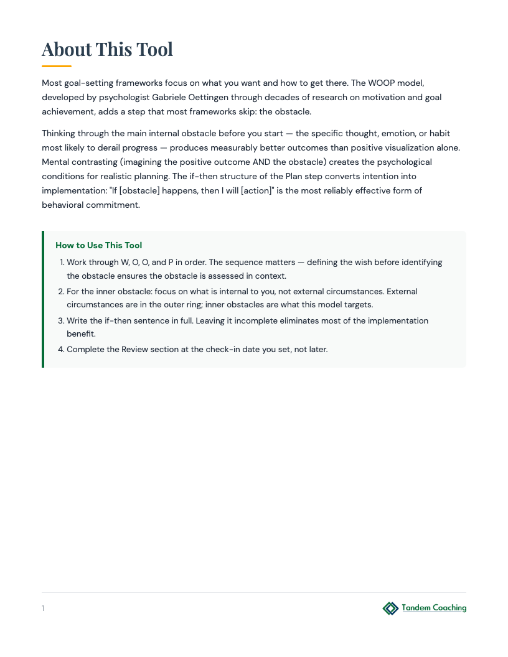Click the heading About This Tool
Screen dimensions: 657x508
[x=107, y=49]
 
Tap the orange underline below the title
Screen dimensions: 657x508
[x=57, y=66]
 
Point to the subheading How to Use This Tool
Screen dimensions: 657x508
[x=98, y=245]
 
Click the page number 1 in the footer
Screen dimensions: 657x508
[x=43, y=608]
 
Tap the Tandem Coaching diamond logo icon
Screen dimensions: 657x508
[x=390, y=608]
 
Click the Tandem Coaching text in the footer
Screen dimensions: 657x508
[x=434, y=608]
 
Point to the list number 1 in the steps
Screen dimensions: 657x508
[x=62, y=263]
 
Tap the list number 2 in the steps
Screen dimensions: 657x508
[x=61, y=292]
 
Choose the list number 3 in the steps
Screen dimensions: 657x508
[x=61, y=321]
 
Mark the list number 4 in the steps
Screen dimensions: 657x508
[x=61, y=350]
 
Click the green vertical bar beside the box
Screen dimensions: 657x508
[x=43, y=299]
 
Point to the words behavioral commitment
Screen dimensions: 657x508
[x=91, y=205]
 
